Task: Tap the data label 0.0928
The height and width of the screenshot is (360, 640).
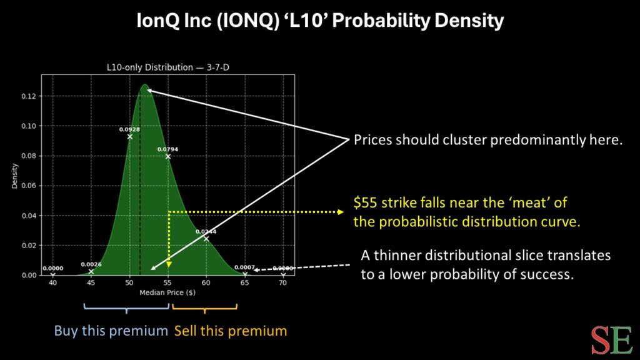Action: point(129,129)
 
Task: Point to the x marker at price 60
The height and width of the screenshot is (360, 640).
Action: point(206,239)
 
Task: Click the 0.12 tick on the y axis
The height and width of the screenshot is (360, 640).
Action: point(30,96)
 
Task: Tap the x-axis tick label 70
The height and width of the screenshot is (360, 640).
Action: point(283,282)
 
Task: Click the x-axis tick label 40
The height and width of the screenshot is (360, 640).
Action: point(52,282)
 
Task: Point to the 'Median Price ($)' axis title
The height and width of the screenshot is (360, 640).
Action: point(167,292)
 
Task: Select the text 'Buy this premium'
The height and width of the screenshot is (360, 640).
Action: point(111,331)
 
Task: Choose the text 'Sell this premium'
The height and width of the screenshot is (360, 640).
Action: point(230,331)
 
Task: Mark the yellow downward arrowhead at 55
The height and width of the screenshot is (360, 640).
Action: point(169,272)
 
